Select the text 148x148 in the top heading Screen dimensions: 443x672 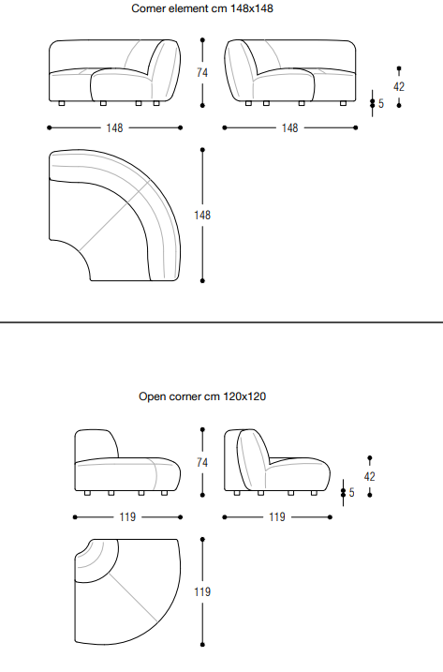pyautogui.click(x=252, y=8)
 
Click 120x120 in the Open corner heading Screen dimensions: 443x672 pyautogui.click(x=244, y=396)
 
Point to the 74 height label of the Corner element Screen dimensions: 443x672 pyautogui.click(x=202, y=73)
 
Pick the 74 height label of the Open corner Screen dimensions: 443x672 pyautogui.click(x=202, y=462)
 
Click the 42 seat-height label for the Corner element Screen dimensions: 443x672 pyautogui.click(x=399, y=87)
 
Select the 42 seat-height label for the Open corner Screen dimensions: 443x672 pyautogui.click(x=369, y=476)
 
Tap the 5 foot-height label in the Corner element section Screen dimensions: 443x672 pyautogui.click(x=381, y=104)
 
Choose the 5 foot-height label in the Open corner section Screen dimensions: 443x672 pyautogui.click(x=352, y=493)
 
